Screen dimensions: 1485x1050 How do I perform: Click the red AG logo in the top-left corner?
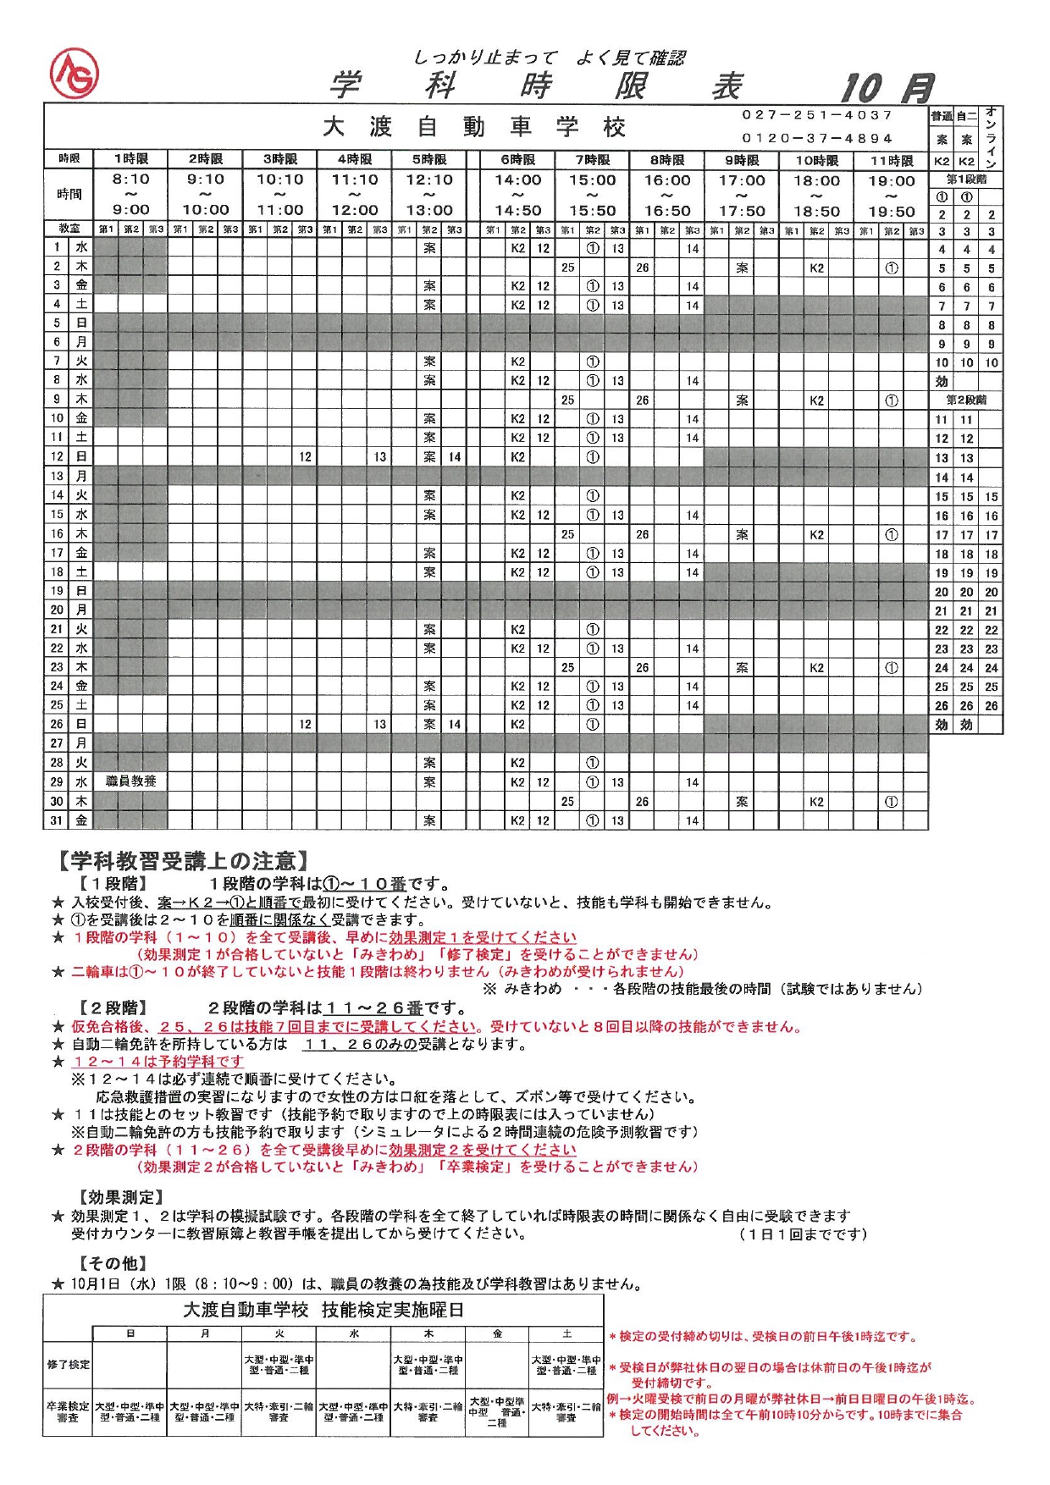75,73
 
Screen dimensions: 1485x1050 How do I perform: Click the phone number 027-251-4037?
817,115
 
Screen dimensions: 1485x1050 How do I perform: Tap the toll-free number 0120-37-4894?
817,138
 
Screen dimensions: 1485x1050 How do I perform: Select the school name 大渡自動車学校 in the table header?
474,127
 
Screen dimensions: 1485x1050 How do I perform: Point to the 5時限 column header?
429,159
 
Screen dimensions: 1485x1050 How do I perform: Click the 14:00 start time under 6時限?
517,180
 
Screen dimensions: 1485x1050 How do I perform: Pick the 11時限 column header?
892,160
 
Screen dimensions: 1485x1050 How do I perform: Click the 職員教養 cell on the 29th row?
130,781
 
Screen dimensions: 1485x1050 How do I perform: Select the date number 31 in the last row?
57,820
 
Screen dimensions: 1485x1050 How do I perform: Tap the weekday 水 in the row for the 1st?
81,247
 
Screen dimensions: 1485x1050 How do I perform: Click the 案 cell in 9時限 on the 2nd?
742,268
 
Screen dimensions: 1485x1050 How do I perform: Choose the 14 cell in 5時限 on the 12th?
455,457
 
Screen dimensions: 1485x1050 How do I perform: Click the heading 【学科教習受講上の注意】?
182,862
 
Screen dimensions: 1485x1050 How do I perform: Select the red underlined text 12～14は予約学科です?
158,1062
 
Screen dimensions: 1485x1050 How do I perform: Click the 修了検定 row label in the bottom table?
68,1365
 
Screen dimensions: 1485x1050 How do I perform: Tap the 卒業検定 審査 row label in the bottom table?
68,1411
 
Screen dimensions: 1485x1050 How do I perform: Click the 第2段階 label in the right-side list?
966,400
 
